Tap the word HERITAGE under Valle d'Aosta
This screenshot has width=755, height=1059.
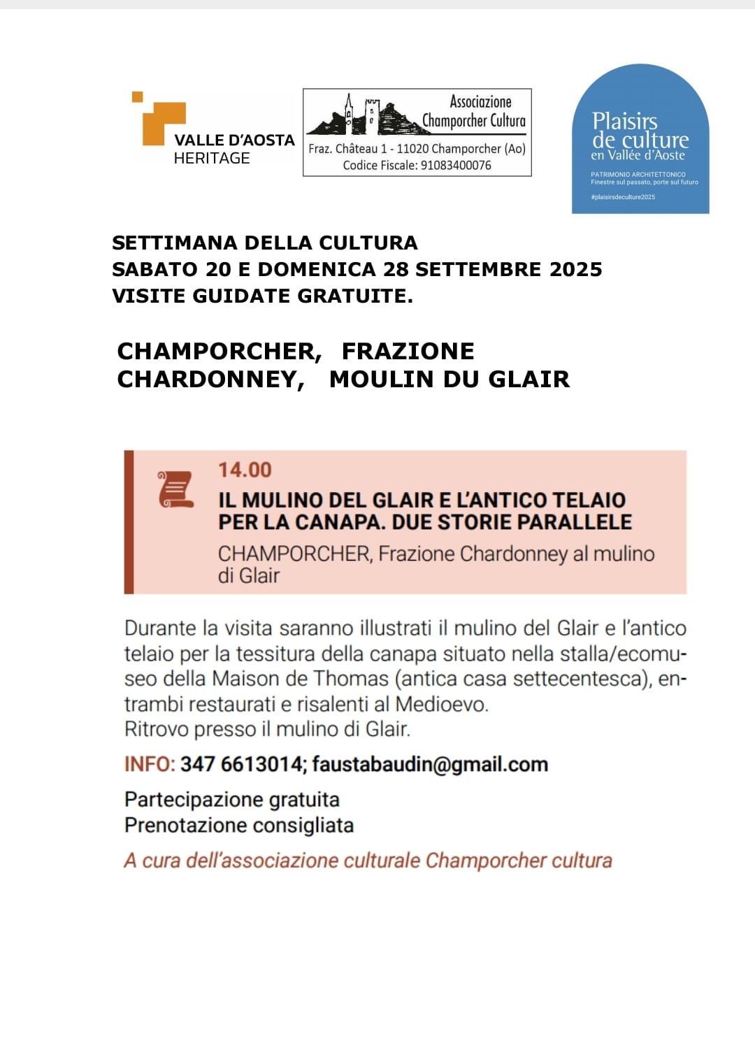pyautogui.click(x=212, y=159)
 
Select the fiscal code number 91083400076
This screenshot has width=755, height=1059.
pyautogui.click(x=456, y=166)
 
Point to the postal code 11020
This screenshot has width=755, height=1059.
pyautogui.click(x=412, y=149)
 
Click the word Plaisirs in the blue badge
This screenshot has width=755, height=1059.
pyautogui.click(x=624, y=122)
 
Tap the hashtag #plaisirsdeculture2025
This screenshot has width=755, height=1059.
pyautogui.click(x=623, y=197)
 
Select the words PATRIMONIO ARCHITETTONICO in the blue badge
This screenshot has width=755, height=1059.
pyautogui.click(x=638, y=175)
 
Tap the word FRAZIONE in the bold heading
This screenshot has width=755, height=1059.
pyautogui.click(x=408, y=351)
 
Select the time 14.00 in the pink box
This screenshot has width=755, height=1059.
pyautogui.click(x=245, y=470)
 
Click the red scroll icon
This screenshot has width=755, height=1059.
pyautogui.click(x=175, y=489)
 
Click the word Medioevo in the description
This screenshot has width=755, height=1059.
pyautogui.click(x=441, y=704)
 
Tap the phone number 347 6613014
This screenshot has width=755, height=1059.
pyautogui.click(x=241, y=765)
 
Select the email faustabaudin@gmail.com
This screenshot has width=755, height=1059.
pyautogui.click(x=430, y=765)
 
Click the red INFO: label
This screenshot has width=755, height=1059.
pyautogui.click(x=150, y=765)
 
